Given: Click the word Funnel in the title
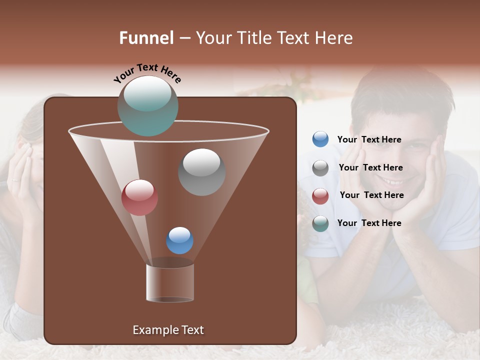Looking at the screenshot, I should point(146,38).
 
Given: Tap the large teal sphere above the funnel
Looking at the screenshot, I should point(147,106).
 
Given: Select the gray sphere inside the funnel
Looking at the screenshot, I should point(201,172).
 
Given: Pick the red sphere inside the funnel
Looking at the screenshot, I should point(139,197).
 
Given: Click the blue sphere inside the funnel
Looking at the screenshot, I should point(179,240).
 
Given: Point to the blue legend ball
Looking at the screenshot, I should point(320,139).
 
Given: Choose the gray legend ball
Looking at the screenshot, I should point(320,168).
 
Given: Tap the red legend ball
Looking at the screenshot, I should point(320,196).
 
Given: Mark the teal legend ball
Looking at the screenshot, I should point(320,223).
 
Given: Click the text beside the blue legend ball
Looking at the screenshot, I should point(369,139).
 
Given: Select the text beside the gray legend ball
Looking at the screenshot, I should point(370,167).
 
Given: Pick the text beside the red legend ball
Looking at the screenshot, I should point(371,195).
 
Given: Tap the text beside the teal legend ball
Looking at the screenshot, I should point(369,223).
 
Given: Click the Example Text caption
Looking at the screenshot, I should point(168,330).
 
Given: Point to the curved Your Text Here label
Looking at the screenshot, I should point(147,72).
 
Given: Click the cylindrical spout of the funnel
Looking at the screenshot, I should point(170,282).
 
